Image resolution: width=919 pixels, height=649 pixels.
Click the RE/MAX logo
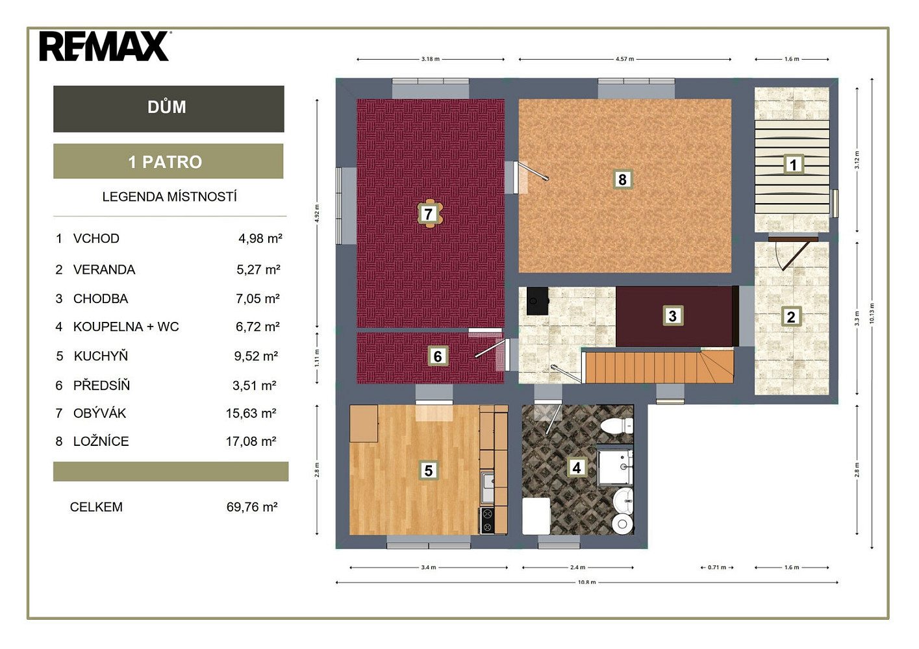pos(105,46)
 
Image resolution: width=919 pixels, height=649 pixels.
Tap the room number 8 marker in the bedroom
pos(622,179)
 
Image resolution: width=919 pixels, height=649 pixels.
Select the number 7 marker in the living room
pos(428,214)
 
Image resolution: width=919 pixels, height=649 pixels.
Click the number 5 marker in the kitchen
pos(428,471)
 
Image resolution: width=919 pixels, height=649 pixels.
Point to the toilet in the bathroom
pos(617,426)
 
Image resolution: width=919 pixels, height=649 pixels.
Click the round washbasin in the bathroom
pos(623,500)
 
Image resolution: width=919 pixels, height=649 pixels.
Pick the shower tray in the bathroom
pos(614,467)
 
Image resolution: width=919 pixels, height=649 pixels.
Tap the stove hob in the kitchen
pos(487,520)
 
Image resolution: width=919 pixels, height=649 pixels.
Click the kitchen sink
pos(487,488)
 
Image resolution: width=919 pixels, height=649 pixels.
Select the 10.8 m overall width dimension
pos(586,582)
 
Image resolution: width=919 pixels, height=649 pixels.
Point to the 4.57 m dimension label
pos(625,59)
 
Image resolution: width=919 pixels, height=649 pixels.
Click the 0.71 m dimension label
pos(717,567)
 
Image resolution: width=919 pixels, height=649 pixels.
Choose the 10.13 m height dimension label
pos(872,313)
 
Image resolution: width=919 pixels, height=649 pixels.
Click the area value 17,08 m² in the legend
pos(251,441)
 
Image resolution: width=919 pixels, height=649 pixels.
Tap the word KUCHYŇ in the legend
pos(101,356)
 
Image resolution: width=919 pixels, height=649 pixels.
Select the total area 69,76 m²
pos(252,507)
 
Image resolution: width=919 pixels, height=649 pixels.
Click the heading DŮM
pos(166,108)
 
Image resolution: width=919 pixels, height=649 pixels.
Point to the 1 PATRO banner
pos(168,161)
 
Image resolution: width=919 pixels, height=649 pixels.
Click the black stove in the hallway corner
pos(538,301)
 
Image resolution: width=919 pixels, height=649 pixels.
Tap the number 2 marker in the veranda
pos(791,317)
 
